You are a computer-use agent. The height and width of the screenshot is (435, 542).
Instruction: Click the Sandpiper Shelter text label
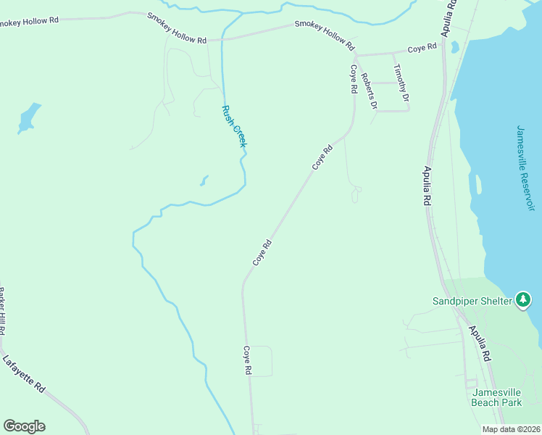pyautogui.click(x=472, y=300)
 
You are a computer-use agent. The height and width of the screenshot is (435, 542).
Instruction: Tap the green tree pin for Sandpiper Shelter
pyautogui.click(x=523, y=299)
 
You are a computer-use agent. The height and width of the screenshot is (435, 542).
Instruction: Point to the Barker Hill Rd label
pyautogui.click(x=3, y=310)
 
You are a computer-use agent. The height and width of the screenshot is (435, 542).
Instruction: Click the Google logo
pyautogui.click(x=24, y=426)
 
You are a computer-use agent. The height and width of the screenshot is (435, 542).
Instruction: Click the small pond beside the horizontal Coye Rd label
pyautogui.click(x=454, y=47)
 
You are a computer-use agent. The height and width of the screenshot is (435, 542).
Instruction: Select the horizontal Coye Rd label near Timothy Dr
pyautogui.click(x=422, y=48)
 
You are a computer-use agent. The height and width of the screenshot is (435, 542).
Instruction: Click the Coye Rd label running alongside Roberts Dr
pyautogui.click(x=354, y=79)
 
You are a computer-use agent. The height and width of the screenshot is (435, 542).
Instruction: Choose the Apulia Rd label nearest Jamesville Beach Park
pyautogui.click(x=480, y=343)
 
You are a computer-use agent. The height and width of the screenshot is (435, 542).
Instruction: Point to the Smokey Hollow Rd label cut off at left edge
pyautogui.click(x=29, y=21)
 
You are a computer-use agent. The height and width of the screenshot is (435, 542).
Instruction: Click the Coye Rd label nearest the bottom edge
pyautogui.click(x=247, y=360)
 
